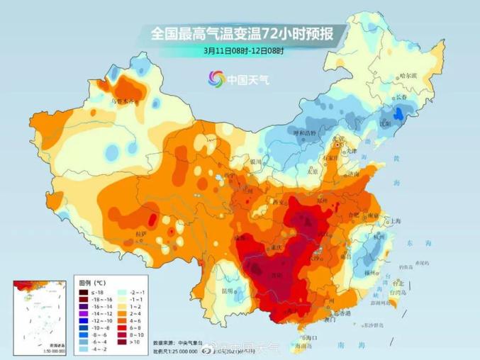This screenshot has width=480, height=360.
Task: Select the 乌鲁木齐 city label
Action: point(122,101)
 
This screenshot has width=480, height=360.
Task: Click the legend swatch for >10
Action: point(120,342)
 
